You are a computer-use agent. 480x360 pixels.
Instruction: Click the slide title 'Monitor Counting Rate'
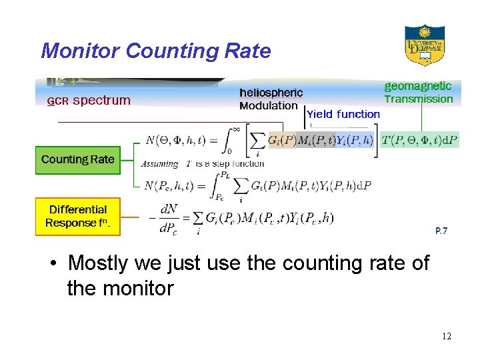click(x=156, y=51)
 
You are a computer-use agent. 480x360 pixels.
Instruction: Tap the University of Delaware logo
click(x=425, y=45)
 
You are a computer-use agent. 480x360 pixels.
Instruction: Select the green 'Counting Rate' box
click(x=77, y=160)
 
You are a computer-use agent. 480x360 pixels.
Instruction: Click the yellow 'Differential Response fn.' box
click(x=77, y=217)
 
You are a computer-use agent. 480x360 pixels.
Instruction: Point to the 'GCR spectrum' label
click(x=89, y=101)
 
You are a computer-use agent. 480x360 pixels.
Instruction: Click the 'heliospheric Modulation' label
click(x=271, y=99)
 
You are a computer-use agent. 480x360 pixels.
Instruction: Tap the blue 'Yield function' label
click(x=343, y=115)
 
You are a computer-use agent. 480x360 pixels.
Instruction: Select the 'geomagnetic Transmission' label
click(x=418, y=93)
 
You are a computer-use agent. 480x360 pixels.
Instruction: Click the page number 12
click(x=446, y=336)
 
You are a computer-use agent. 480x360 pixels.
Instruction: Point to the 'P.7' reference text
click(x=441, y=231)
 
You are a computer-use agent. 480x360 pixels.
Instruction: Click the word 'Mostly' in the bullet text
click(x=98, y=263)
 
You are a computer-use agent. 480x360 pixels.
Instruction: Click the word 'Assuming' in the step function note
click(x=160, y=164)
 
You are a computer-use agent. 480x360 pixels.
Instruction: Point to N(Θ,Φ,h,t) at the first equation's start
click(x=175, y=141)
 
